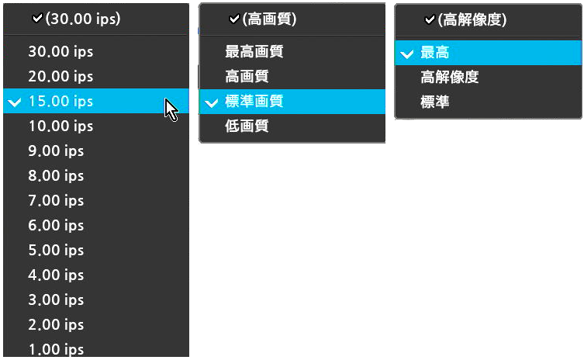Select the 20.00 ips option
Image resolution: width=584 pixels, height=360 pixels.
pos(60,76)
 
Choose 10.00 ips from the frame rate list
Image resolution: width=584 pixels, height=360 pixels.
pos(60,126)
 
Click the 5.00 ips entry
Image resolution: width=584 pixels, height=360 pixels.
pos(57,250)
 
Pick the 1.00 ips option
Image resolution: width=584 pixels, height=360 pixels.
pos(57,350)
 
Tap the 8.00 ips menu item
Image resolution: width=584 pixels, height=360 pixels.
pos(57,175)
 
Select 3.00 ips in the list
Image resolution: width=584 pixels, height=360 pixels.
pos(57,299)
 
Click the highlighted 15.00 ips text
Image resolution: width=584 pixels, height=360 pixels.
pos(60,101)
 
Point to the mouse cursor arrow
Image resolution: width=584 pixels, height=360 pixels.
pos(171,110)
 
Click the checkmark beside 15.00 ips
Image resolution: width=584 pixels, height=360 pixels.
pos(15,102)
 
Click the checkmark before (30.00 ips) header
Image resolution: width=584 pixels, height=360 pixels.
pos(38,18)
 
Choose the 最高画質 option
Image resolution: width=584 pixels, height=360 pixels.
pos(254,51)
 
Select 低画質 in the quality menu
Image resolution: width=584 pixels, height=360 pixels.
pos(247,126)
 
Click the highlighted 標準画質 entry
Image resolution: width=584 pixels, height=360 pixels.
pos(254,101)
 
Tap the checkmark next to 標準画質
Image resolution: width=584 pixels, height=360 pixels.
pos(212,102)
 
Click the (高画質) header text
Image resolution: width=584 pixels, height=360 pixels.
pos(269,19)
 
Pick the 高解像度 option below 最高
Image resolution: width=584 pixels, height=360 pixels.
pos(450,77)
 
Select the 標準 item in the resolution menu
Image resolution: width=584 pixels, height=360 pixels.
pos(435,102)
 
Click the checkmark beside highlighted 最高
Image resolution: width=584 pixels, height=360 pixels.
pos(407,54)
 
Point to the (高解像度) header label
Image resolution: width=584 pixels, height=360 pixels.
pos(472,19)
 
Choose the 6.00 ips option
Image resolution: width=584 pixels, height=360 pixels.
pos(57,226)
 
